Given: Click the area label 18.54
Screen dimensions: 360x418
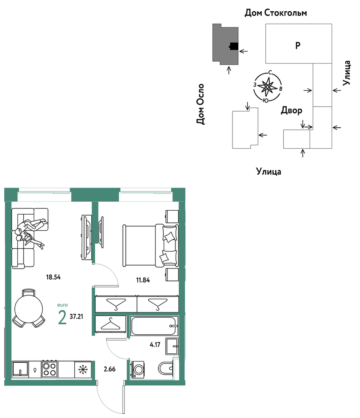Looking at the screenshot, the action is [x=53, y=277].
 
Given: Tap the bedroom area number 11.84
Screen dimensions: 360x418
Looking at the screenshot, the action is [x=143, y=280].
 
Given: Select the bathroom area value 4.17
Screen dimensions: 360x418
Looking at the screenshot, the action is [x=155, y=345].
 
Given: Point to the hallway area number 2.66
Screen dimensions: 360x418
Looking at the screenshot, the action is [x=110, y=369].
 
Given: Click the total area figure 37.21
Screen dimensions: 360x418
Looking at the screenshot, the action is [x=76, y=317].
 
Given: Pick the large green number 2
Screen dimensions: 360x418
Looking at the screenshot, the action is [x=62, y=318].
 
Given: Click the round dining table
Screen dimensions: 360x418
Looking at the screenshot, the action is [x=29, y=309].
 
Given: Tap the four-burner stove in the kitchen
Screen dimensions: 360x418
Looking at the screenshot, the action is [x=50, y=369].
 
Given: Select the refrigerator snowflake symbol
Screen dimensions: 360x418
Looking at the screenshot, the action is [x=83, y=370].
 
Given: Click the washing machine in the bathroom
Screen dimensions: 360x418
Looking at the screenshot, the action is [x=138, y=369].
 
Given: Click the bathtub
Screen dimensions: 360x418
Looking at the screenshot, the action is [x=154, y=326].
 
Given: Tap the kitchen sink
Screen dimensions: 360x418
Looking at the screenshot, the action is [x=20, y=369].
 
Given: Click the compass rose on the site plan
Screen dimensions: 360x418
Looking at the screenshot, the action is [x=267, y=87].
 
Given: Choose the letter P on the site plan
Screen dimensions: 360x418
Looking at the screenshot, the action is [x=298, y=46].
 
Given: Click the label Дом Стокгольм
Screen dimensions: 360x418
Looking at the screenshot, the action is [x=276, y=13].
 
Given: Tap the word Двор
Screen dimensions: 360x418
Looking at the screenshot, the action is [x=291, y=110].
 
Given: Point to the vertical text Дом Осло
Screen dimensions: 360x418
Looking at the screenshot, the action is [x=200, y=104].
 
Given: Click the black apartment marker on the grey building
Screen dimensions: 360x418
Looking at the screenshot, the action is [x=234, y=46].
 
